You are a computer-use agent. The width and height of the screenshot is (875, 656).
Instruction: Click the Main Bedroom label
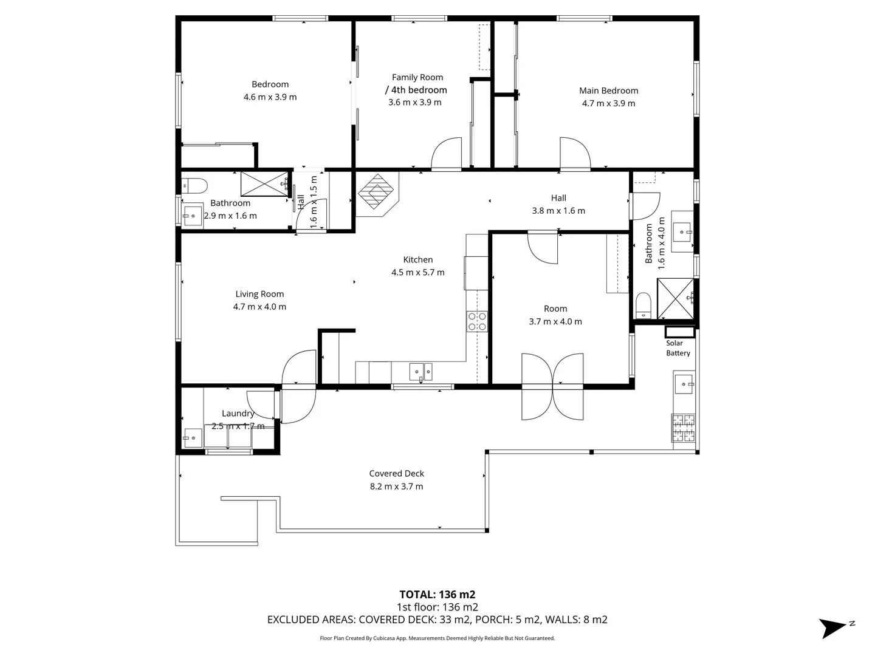click(x=608, y=91)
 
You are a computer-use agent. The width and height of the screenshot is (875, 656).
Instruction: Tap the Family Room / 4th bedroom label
click(x=417, y=84)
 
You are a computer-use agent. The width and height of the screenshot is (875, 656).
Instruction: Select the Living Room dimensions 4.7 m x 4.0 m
click(x=259, y=307)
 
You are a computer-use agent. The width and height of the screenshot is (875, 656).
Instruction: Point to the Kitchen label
click(x=418, y=260)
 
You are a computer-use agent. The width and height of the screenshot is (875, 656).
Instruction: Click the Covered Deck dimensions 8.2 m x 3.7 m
click(x=396, y=487)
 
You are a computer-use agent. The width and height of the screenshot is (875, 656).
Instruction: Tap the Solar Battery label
click(x=678, y=348)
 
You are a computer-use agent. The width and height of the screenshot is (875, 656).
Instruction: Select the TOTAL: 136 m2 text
click(x=437, y=595)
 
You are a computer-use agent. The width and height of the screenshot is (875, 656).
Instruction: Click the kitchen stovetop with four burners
click(x=477, y=321)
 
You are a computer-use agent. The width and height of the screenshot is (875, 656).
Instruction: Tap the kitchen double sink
click(x=420, y=372)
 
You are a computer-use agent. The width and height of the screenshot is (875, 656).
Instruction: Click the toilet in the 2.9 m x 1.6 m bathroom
click(x=194, y=186)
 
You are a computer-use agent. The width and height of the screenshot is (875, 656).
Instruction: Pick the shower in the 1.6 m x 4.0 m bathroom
click(x=675, y=299)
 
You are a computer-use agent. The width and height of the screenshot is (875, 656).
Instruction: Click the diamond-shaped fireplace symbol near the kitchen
click(x=376, y=191)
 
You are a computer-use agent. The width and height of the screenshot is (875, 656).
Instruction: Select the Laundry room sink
click(x=193, y=438)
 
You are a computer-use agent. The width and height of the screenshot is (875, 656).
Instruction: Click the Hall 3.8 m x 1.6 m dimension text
click(x=558, y=211)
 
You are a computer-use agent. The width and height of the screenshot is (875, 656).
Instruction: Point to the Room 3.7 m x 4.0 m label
click(x=555, y=309)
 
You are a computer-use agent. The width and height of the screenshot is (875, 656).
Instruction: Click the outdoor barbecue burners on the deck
click(x=684, y=428)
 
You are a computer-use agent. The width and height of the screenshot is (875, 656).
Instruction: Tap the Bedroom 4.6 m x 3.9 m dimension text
click(x=270, y=97)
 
